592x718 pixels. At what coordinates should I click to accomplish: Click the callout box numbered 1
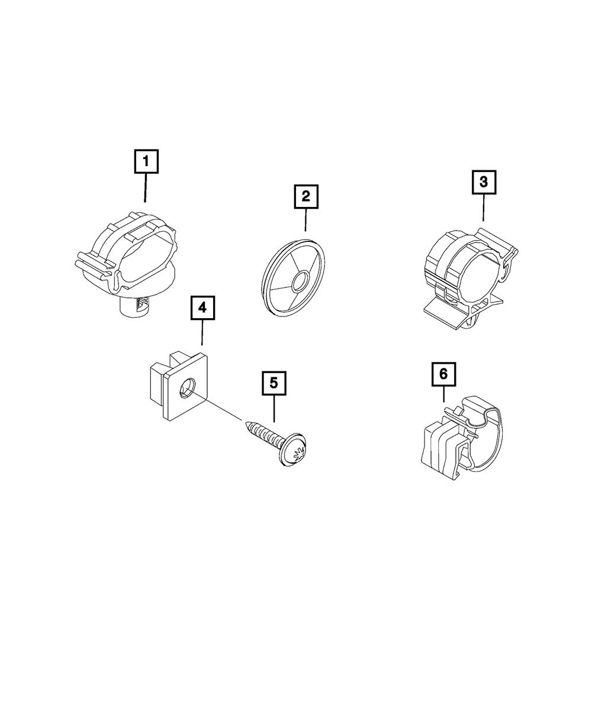(146, 161)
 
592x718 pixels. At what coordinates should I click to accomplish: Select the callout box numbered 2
(305, 196)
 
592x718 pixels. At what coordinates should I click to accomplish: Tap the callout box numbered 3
(484, 182)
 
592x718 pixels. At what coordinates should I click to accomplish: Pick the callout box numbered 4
(202, 308)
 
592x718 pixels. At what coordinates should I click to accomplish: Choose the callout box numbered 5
(274, 383)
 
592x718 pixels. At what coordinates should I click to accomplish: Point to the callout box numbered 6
(443, 374)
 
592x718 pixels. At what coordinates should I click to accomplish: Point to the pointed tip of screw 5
(246, 424)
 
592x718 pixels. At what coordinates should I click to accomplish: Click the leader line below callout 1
(146, 187)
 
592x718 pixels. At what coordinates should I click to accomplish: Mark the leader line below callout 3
(483, 208)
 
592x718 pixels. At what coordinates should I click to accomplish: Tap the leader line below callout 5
(274, 408)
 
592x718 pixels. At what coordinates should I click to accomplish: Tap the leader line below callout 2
(305, 219)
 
